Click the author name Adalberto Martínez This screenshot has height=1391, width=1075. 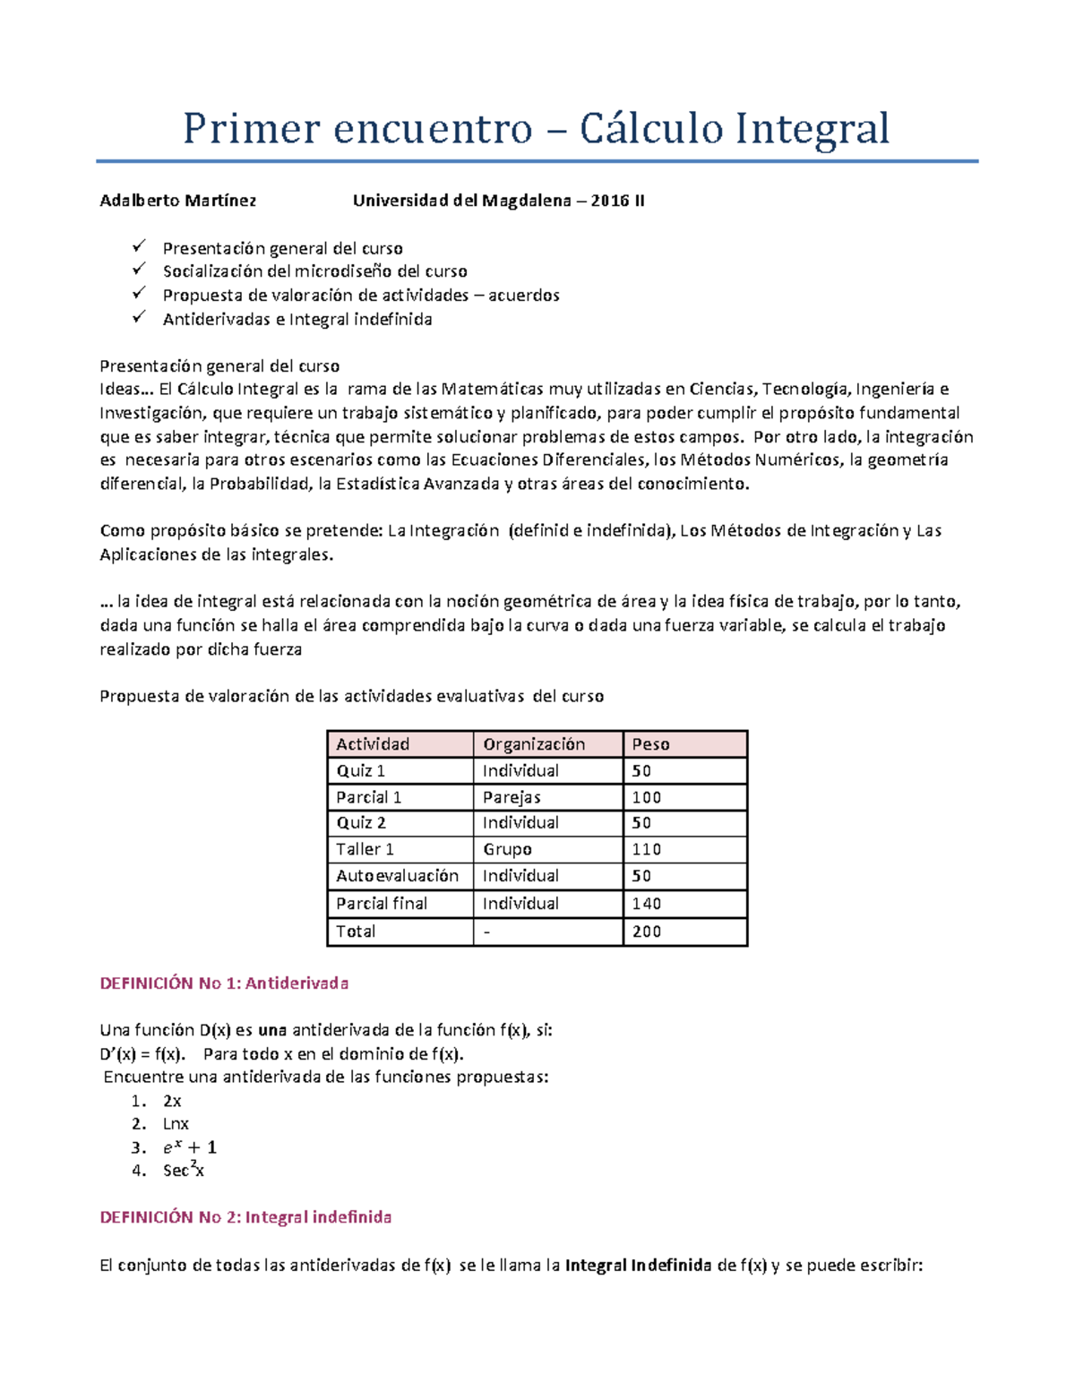(x=177, y=201)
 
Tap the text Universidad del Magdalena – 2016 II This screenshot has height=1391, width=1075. (x=498, y=201)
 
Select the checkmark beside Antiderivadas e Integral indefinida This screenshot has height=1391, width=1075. (x=138, y=317)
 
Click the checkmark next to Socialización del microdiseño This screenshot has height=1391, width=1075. (x=138, y=269)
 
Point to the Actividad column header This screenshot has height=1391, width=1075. (x=373, y=744)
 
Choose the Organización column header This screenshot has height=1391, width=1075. (x=534, y=744)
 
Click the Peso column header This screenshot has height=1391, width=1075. (x=650, y=744)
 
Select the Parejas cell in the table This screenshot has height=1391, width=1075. (x=512, y=797)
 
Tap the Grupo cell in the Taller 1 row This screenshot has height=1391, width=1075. (x=507, y=849)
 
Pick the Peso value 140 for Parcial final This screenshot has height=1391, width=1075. (x=646, y=904)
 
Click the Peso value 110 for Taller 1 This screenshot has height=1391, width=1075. (x=646, y=849)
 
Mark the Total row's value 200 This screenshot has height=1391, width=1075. (x=646, y=932)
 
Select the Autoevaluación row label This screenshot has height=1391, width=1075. (x=397, y=876)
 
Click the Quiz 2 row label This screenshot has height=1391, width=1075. (x=361, y=823)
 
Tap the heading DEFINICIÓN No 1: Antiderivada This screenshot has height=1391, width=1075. (x=224, y=983)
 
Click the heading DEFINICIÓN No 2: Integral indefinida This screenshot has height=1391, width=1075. (x=245, y=1217)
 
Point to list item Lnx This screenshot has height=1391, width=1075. (x=176, y=1124)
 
